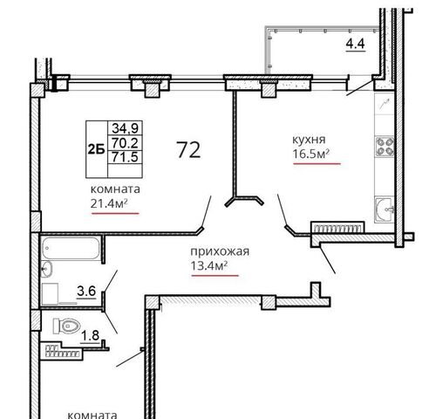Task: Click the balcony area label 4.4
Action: pos(355,44)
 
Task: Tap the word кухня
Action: pos(309,140)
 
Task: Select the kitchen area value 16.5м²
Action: pos(310,154)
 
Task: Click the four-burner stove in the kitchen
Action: pos(385,147)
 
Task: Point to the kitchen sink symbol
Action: pos(385,209)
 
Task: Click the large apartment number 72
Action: pos(188,150)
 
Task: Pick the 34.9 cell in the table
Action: pos(126,127)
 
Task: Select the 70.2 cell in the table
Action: pos(126,143)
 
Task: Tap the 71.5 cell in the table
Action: pos(126,157)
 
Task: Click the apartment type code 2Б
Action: pos(96,149)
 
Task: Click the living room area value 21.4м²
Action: pos(109,203)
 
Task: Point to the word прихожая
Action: pos(220,251)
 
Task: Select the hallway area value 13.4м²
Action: pos(209,265)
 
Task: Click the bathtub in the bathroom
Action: pos(71,248)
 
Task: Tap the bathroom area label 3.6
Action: pos(86,291)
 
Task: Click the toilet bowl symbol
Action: pos(66,326)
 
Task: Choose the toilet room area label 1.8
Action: pos(90,335)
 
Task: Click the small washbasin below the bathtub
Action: pos(47,269)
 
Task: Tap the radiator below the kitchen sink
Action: pos(337,227)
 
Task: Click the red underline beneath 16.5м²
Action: pos(316,164)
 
